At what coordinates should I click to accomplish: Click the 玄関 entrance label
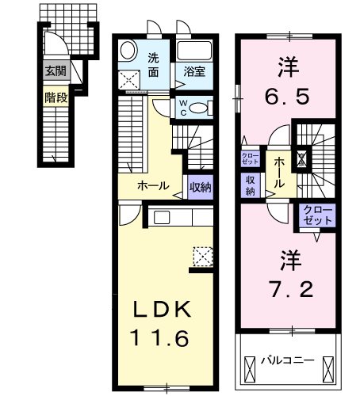tap(56, 70)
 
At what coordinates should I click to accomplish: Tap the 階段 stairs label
tap(56, 98)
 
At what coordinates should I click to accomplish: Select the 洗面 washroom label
tap(153, 65)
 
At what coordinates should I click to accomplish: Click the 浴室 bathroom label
tap(194, 71)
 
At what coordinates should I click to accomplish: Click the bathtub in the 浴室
tap(194, 51)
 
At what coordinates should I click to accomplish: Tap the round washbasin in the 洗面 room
tap(128, 50)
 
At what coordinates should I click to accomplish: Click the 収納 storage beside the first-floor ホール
tap(201, 187)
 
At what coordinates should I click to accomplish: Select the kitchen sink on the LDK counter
tap(162, 218)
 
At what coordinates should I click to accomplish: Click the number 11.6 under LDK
tap(160, 338)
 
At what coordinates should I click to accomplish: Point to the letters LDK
tap(162, 310)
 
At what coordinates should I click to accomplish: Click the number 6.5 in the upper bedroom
tap(287, 97)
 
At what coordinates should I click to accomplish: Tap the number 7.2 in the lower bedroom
tap(291, 289)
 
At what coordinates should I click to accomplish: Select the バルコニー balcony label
tap(288, 360)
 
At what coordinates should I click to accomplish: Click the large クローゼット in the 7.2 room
tap(317, 215)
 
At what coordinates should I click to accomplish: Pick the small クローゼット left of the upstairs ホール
tap(250, 158)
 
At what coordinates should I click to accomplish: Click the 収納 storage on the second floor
tap(251, 185)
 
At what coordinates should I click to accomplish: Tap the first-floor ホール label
tap(153, 186)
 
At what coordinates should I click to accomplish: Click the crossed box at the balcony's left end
tap(250, 369)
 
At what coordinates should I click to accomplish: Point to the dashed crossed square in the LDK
tap(203, 257)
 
